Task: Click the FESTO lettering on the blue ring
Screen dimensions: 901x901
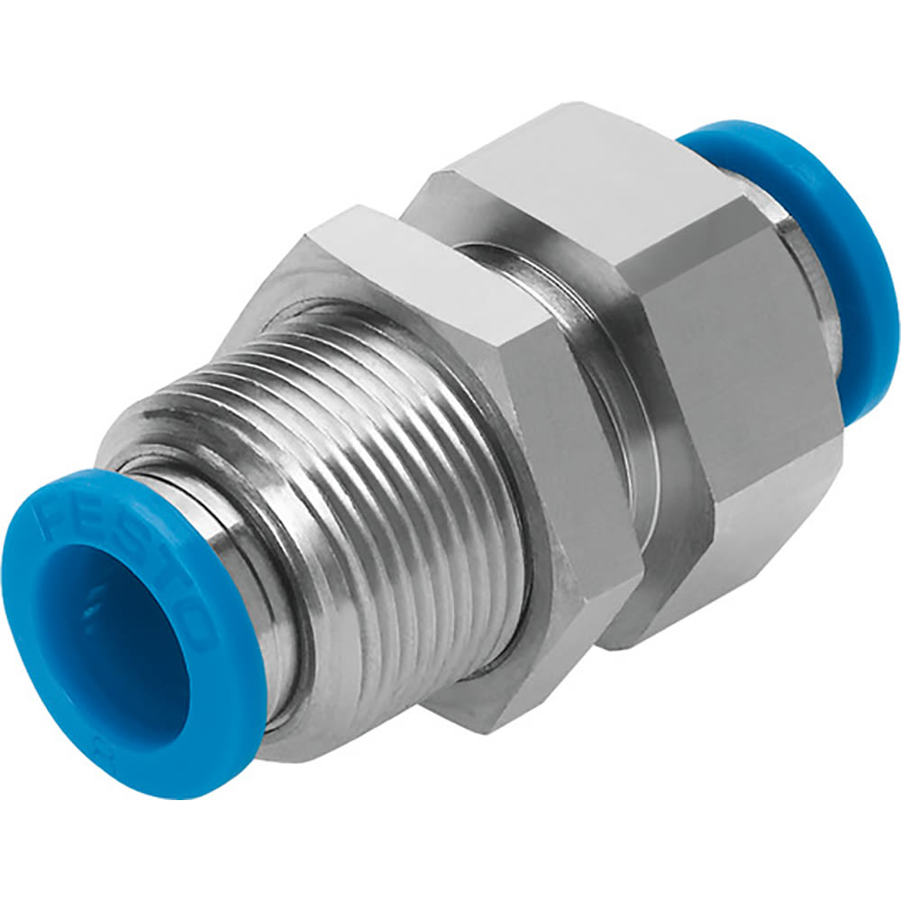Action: tap(135, 559)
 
